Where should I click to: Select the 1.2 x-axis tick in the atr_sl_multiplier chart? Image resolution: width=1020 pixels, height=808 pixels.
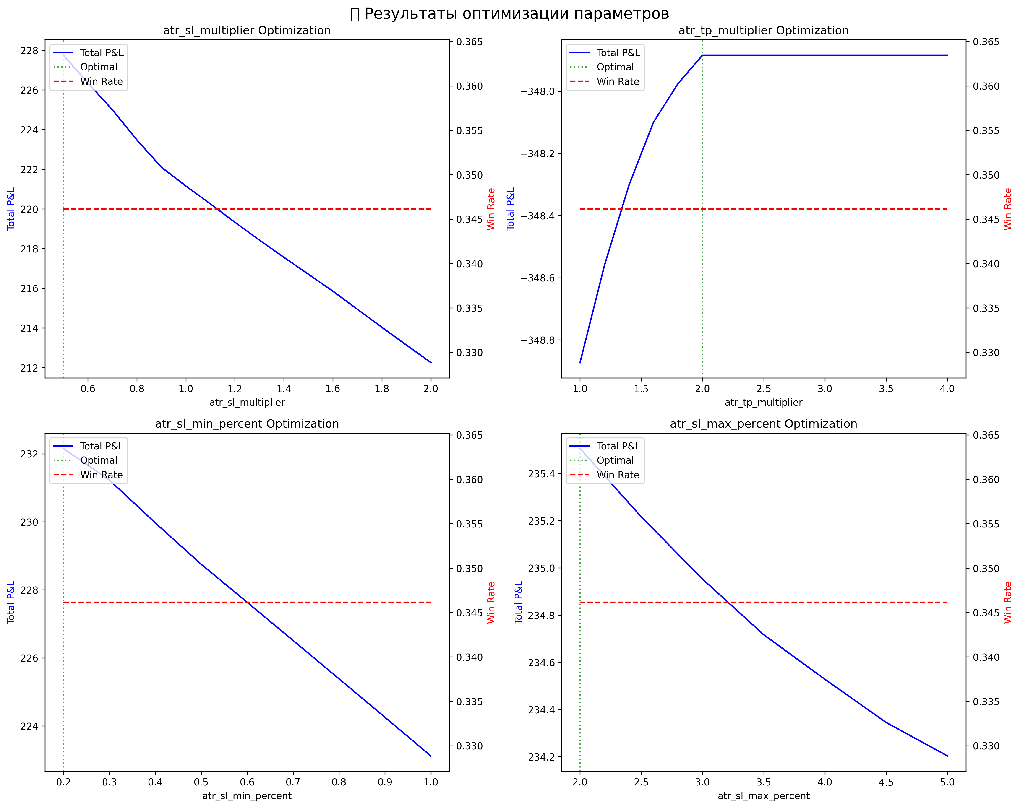coord(235,389)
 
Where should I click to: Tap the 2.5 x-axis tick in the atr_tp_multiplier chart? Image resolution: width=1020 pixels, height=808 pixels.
coord(764,389)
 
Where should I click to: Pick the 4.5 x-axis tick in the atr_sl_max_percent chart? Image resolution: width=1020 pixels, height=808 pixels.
coord(886,782)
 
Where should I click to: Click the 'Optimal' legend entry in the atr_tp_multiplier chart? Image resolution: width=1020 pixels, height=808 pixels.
coord(615,67)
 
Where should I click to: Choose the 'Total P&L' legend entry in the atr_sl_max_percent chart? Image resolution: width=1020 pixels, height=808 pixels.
coord(618,446)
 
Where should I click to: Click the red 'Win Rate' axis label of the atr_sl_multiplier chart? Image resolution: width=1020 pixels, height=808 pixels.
coord(491,209)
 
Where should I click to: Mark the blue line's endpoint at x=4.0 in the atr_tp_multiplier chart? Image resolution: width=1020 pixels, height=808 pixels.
coord(947,55)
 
